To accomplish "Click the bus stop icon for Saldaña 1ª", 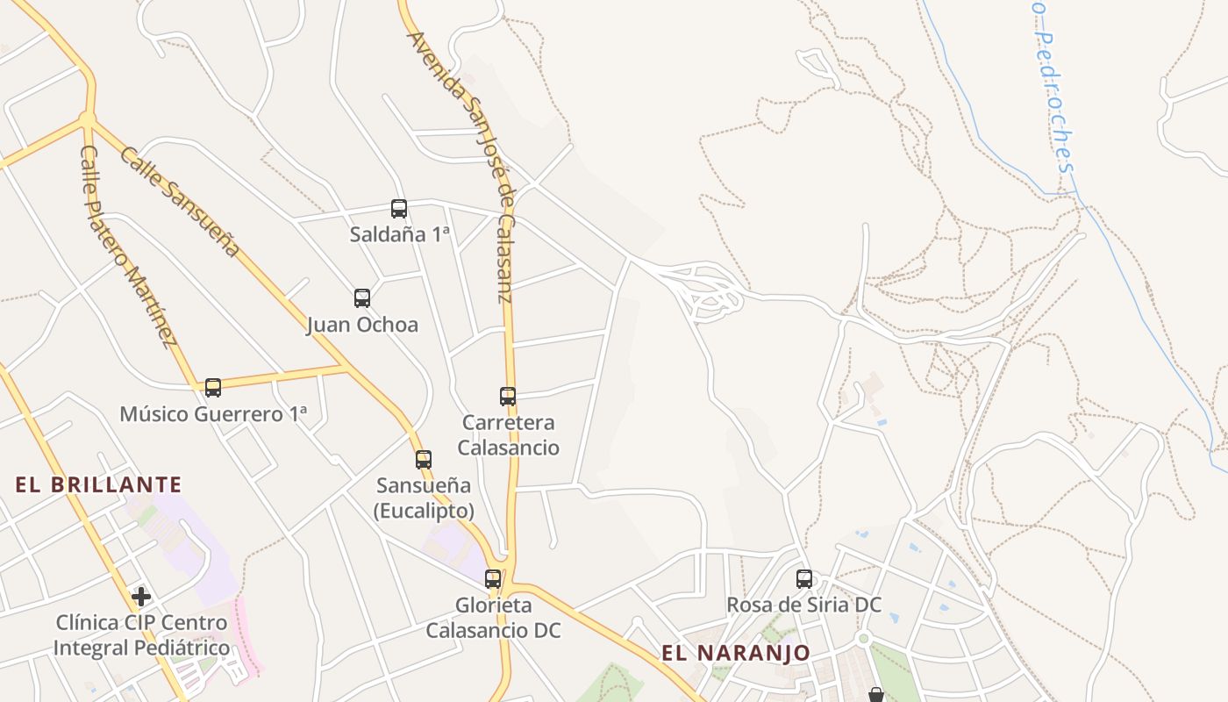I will tap(399, 209).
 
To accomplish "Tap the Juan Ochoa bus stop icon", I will tap(362, 298).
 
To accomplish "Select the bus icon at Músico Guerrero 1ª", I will tap(213, 388).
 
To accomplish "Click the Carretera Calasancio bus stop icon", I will tap(508, 397).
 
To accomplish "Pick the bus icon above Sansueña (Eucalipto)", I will tap(424, 459).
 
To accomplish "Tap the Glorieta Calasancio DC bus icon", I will tap(493, 579).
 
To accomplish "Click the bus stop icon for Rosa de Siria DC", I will tap(804, 579).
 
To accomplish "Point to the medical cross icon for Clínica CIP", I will tap(141, 598).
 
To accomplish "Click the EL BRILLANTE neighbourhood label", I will tap(98, 484).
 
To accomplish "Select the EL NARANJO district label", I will tap(736, 653).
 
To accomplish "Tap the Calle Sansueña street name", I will tap(180, 202).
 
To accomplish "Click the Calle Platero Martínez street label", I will tap(128, 247).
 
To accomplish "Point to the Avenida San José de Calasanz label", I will tap(460, 167).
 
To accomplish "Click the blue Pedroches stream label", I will tap(1053, 97).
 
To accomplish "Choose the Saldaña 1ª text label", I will tap(399, 234).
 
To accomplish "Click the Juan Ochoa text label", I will tap(362, 325).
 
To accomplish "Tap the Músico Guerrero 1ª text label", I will tap(213, 414).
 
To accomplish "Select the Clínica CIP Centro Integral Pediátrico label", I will tap(141, 635).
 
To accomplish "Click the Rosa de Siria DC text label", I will tap(804, 605).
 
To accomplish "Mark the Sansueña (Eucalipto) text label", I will tap(424, 498).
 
